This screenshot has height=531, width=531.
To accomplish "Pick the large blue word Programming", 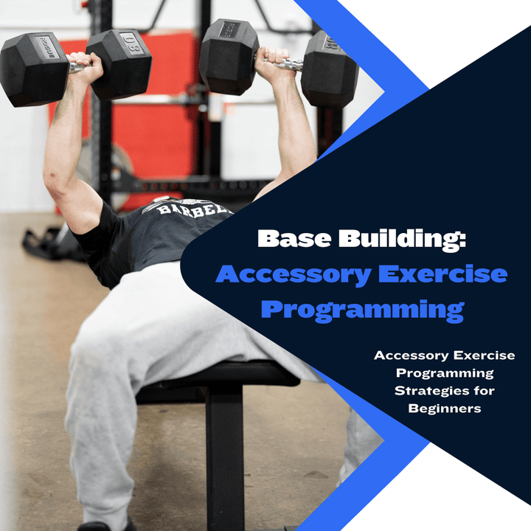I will pyautogui.click(x=362, y=308).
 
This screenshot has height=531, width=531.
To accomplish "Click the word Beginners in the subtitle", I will pyautogui.click(x=437, y=408).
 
